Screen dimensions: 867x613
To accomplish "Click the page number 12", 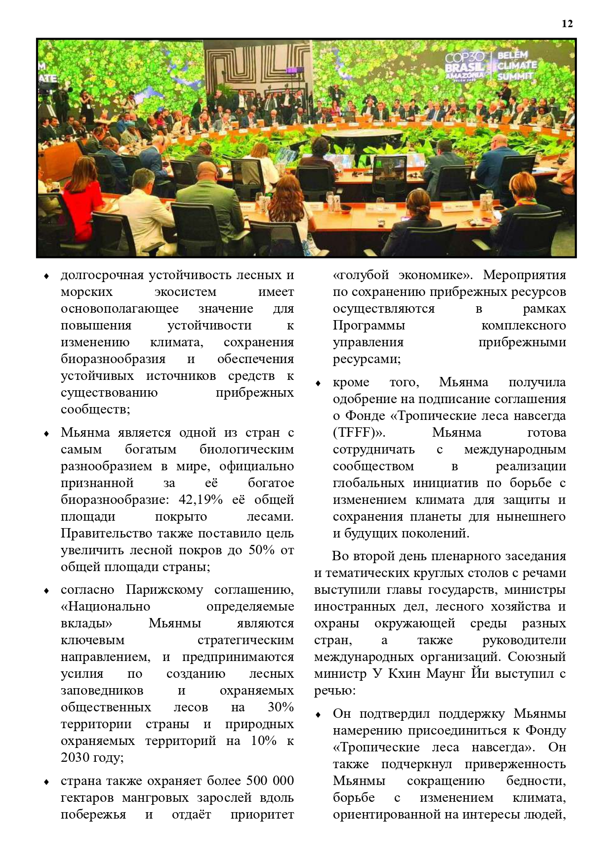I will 567,24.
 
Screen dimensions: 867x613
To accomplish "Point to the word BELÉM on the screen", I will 512,55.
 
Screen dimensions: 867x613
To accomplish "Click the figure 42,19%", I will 201,499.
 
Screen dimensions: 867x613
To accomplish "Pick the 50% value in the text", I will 261,550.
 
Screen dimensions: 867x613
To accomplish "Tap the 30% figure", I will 281,707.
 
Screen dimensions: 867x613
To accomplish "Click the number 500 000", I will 271,781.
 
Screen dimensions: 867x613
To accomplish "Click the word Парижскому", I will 164,589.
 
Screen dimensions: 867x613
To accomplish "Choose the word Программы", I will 368,325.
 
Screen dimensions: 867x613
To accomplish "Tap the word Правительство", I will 107,533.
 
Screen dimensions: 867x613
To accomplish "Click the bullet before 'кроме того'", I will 319,383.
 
